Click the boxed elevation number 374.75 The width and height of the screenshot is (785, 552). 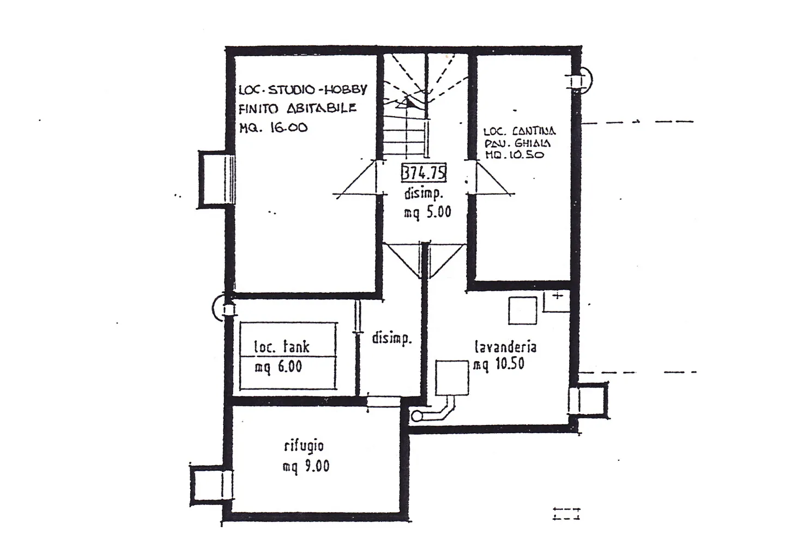click(x=424, y=173)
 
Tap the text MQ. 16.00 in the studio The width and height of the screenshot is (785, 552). click(x=273, y=128)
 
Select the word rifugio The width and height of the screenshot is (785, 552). click(x=304, y=446)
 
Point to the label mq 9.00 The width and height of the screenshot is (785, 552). click(x=306, y=467)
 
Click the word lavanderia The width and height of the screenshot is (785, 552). click(x=505, y=347)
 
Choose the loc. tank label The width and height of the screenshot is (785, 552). click(x=282, y=346)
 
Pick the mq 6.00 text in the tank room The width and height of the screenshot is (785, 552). click(x=278, y=367)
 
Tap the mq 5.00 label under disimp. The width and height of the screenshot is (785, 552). click(x=427, y=212)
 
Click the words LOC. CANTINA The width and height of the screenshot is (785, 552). click(x=520, y=131)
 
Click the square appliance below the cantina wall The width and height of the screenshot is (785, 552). click(x=523, y=311)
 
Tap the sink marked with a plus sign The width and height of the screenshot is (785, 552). click(x=556, y=301)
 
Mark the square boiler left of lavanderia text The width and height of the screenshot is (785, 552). click(x=452, y=377)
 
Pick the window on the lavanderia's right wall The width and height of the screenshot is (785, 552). click(x=588, y=399)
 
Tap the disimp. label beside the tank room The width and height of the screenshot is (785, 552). click(x=391, y=339)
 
